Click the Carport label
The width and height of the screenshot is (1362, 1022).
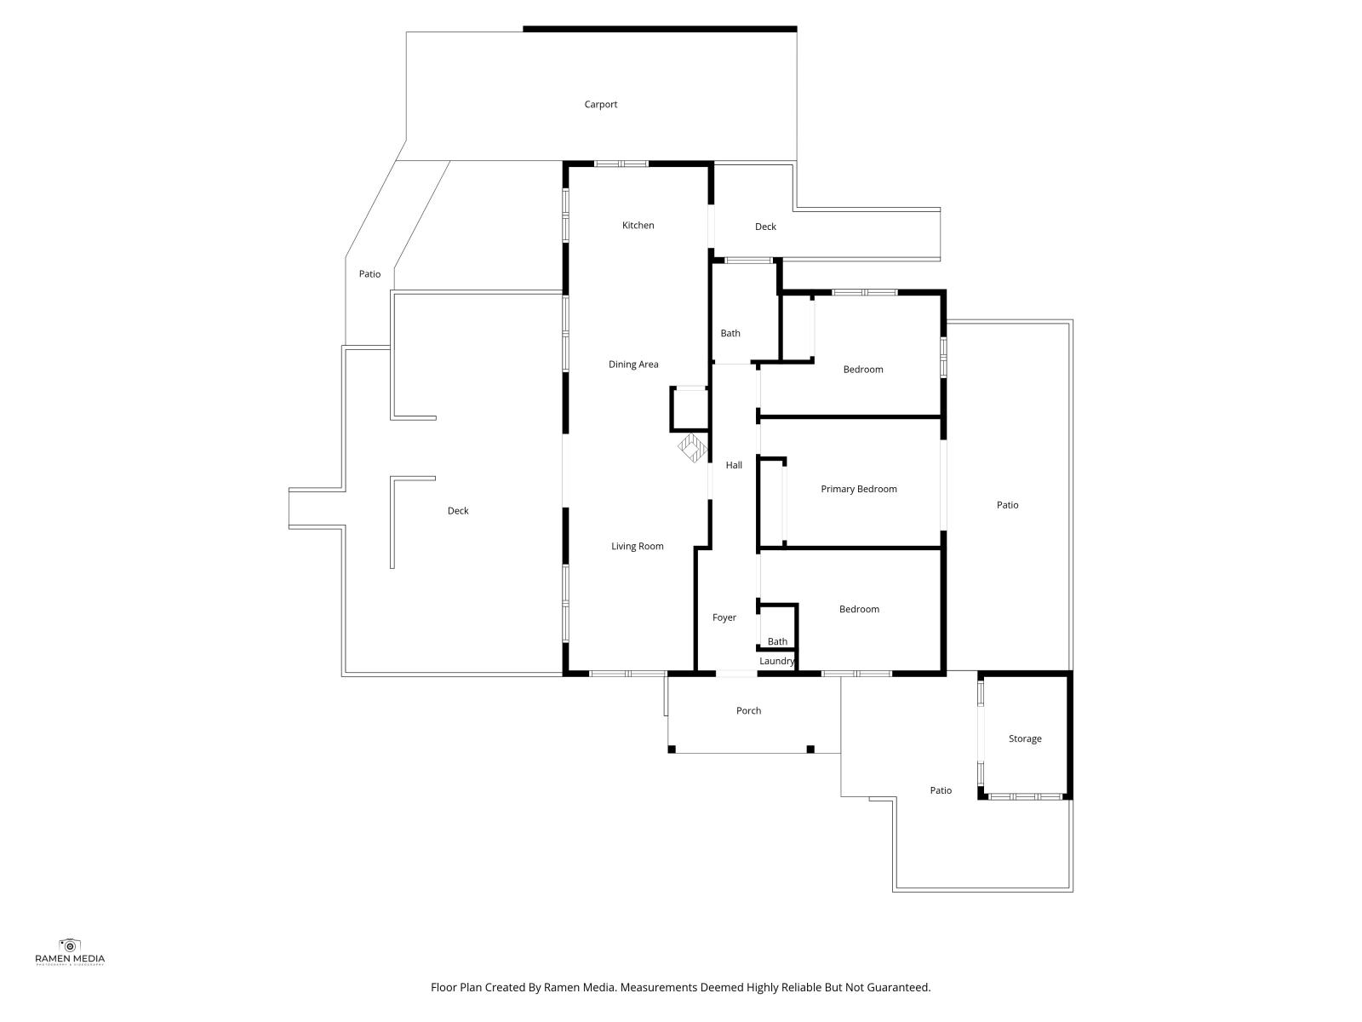(x=600, y=104)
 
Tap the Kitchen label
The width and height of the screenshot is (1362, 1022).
(x=638, y=225)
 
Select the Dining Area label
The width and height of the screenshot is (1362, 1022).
(x=633, y=365)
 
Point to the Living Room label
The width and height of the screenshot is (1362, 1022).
(x=638, y=546)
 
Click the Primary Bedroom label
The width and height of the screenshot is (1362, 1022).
(x=859, y=489)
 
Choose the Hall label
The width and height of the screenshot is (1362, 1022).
(x=734, y=465)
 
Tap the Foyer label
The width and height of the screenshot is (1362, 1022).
(x=724, y=617)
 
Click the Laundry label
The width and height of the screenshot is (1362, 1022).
(x=777, y=661)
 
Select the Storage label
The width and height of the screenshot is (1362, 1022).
(x=1024, y=738)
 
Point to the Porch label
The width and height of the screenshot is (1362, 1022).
(x=748, y=710)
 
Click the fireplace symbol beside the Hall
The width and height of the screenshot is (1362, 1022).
(x=692, y=448)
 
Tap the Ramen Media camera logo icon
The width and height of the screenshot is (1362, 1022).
(x=70, y=945)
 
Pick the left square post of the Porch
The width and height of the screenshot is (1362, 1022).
(x=672, y=749)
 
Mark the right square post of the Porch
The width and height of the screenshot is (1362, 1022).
(x=810, y=749)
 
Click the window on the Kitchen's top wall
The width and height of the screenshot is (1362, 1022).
(x=621, y=164)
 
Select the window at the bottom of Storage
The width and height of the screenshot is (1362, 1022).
(x=1025, y=796)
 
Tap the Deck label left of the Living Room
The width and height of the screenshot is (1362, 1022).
(x=458, y=511)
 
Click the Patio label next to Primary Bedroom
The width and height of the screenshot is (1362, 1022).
(x=1007, y=505)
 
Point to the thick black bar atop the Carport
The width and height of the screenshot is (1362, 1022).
(x=660, y=29)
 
